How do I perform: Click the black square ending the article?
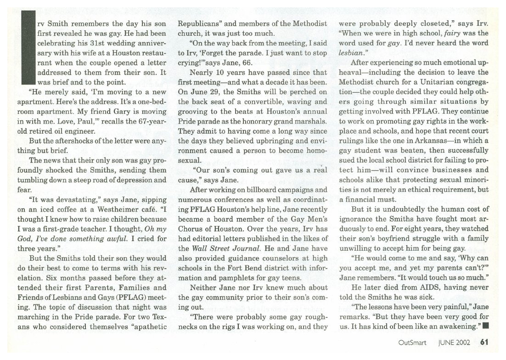(x=485, y=326)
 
